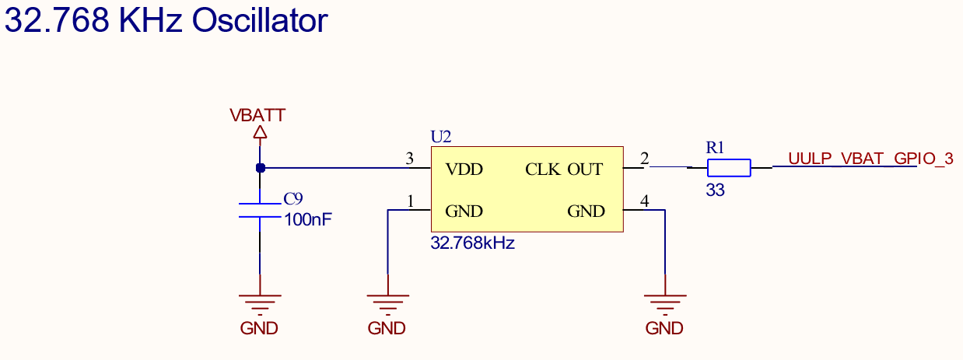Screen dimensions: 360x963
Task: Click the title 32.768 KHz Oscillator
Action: pyautogui.click(x=166, y=21)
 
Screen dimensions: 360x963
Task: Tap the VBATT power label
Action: pyautogui.click(x=257, y=116)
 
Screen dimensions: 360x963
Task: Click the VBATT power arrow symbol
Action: pyautogui.click(x=260, y=134)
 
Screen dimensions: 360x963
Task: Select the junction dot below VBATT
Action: pyautogui.click(x=260, y=167)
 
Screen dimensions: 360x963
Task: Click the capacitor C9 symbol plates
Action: pyautogui.click(x=260, y=210)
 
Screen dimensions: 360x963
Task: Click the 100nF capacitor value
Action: pyautogui.click(x=308, y=220)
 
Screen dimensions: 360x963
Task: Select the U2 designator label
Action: pyautogui.click(x=440, y=137)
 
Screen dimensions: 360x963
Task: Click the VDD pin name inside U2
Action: pyautogui.click(x=464, y=170)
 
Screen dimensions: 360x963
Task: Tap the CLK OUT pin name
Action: pyautogui.click(x=564, y=170)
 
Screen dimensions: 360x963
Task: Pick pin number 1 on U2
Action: pyautogui.click(x=410, y=201)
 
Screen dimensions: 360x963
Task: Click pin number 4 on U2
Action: pyautogui.click(x=644, y=201)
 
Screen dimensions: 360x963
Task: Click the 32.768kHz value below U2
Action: pyautogui.click(x=472, y=243)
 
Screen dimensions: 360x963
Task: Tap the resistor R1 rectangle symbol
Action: pyautogui.click(x=729, y=167)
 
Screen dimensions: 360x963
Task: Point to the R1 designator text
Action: pyautogui.click(x=715, y=147)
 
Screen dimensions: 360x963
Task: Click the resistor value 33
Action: pyautogui.click(x=715, y=190)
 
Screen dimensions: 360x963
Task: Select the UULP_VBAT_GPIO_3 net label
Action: pyautogui.click(x=870, y=159)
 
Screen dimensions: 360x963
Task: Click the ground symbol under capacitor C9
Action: pyautogui.click(x=260, y=303)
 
